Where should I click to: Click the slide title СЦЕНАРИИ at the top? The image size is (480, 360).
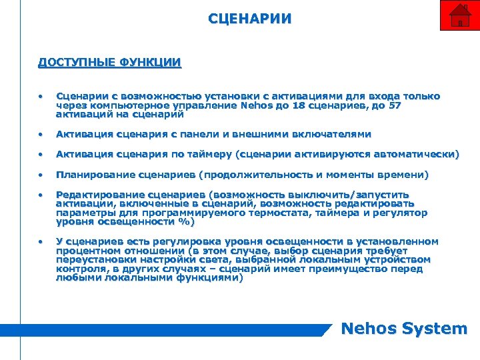[249, 18]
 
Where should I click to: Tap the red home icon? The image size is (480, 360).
[459, 15]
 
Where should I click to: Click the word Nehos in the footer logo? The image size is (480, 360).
[367, 329]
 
